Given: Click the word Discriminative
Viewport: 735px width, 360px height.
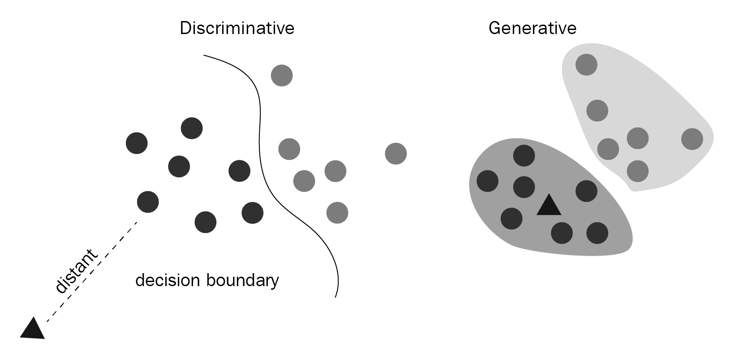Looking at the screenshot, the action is (237, 28).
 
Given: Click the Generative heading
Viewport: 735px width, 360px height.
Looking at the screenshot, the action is (532, 28).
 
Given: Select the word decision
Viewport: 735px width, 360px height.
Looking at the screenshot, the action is (168, 280).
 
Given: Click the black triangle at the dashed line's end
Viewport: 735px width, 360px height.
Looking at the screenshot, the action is (33, 328).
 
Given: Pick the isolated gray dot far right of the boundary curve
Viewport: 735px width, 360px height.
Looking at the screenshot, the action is (396, 154).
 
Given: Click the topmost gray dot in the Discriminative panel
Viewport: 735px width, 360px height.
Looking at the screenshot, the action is (282, 76).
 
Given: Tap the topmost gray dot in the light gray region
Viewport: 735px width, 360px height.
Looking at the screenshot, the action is (586, 64).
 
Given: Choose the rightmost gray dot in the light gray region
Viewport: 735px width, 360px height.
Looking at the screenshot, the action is (692, 139).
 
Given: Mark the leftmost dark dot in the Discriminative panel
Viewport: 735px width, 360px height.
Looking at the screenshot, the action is (137, 143).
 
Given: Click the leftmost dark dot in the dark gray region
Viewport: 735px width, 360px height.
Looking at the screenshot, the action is (487, 181).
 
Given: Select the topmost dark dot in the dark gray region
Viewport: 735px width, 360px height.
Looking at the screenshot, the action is (524, 155).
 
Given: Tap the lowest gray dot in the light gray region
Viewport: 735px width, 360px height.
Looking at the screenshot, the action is (637, 171).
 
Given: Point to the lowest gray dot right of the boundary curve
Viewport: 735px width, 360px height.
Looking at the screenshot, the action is (337, 213).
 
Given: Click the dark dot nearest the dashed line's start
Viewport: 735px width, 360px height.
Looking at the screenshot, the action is (148, 202).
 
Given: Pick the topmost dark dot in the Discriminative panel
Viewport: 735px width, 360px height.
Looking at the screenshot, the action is (192, 128).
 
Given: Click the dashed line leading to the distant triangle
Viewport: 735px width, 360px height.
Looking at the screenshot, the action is (92, 272).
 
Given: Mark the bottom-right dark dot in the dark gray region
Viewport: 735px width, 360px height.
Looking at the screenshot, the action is (597, 233).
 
